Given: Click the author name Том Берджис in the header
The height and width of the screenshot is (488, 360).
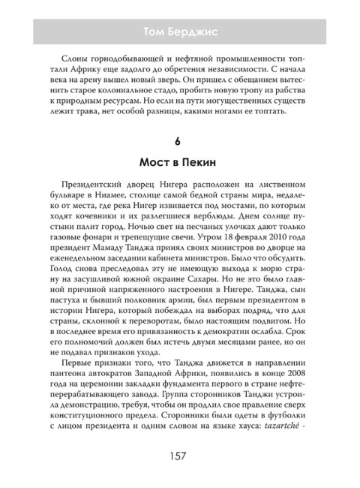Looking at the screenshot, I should pyautogui.click(x=179, y=31).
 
